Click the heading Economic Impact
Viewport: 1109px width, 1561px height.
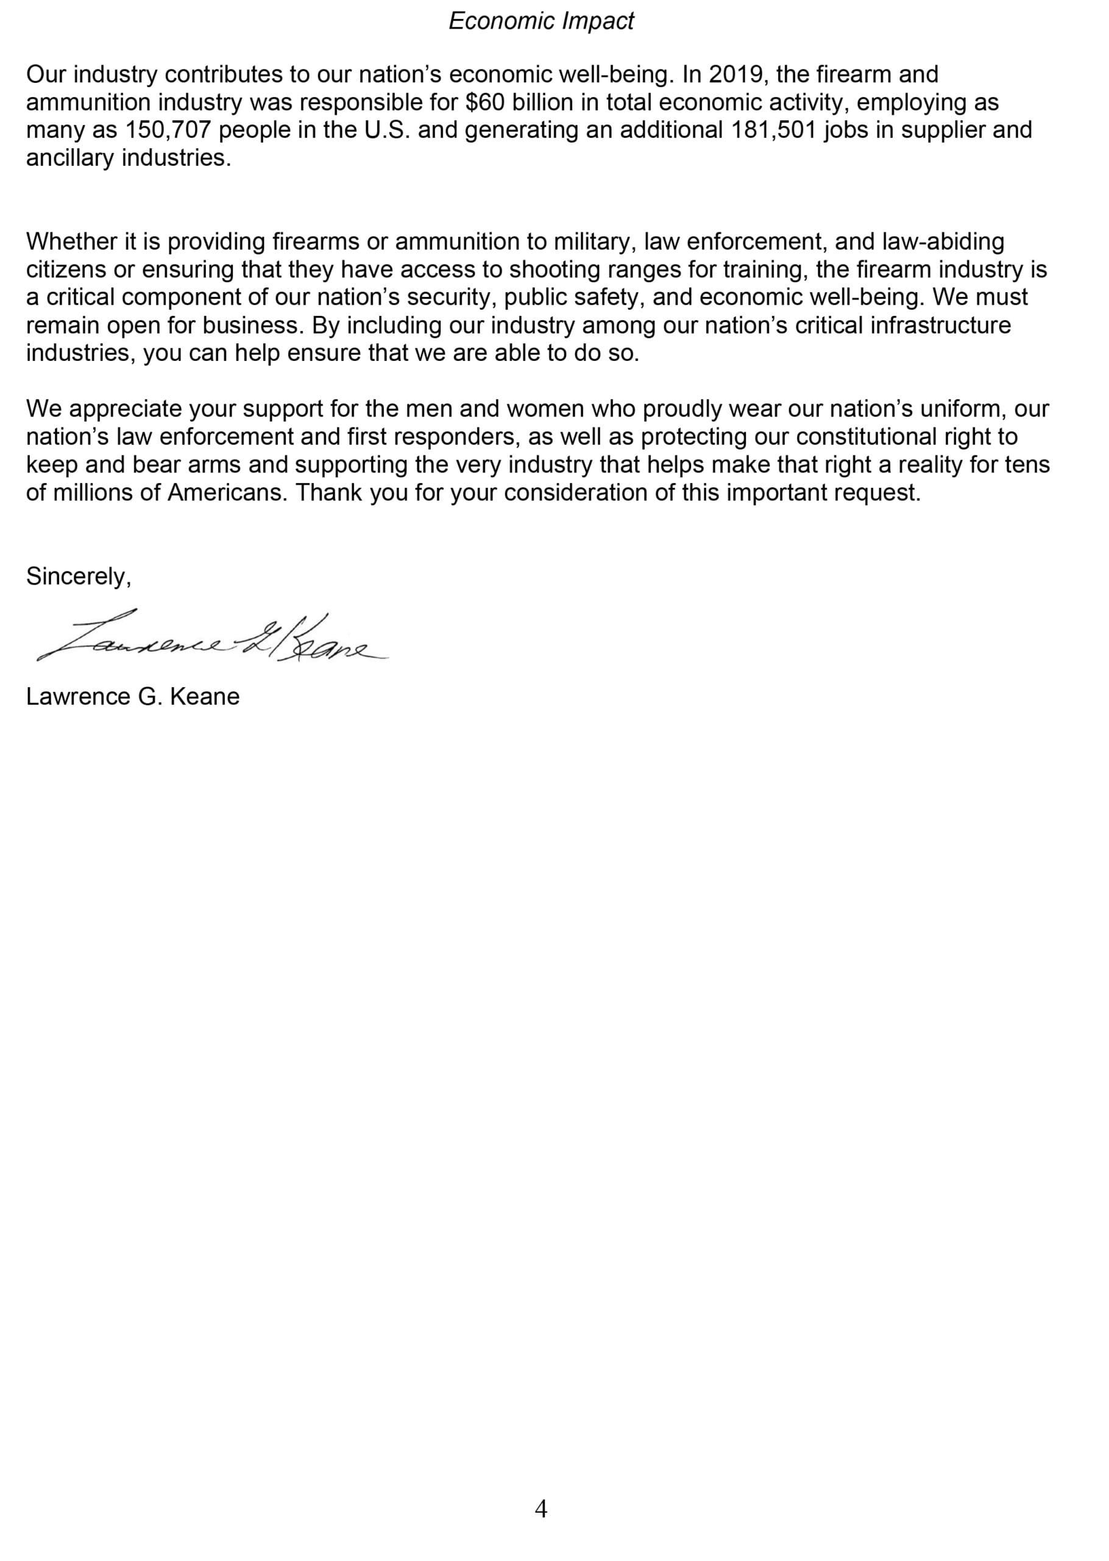click(x=541, y=22)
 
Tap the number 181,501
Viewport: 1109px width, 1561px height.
click(x=774, y=130)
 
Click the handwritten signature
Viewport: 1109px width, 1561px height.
click(x=211, y=637)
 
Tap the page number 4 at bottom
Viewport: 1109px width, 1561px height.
click(x=541, y=1509)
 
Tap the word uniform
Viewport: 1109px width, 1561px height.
click(x=963, y=409)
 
